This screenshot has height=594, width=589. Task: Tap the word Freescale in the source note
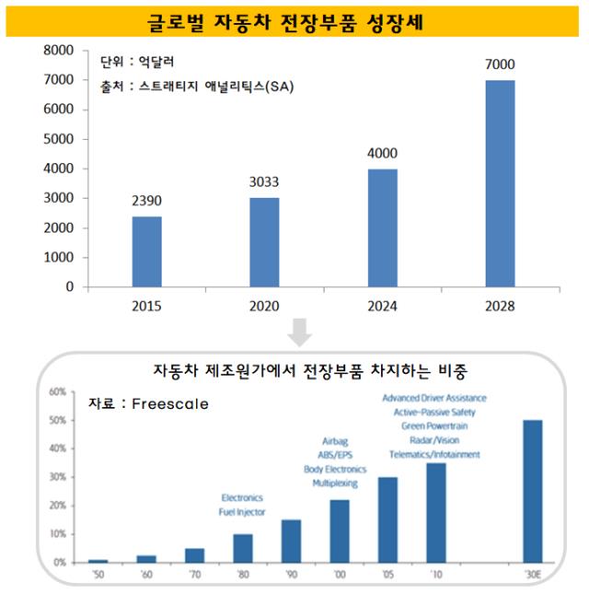[x=170, y=403]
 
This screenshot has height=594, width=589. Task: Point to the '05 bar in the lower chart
[x=387, y=519]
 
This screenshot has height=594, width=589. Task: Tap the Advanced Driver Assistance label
[x=433, y=398]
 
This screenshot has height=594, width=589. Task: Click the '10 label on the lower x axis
[x=434, y=575]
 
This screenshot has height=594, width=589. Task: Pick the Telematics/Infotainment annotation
[x=433, y=455]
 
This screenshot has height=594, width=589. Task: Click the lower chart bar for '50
[x=98, y=560]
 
